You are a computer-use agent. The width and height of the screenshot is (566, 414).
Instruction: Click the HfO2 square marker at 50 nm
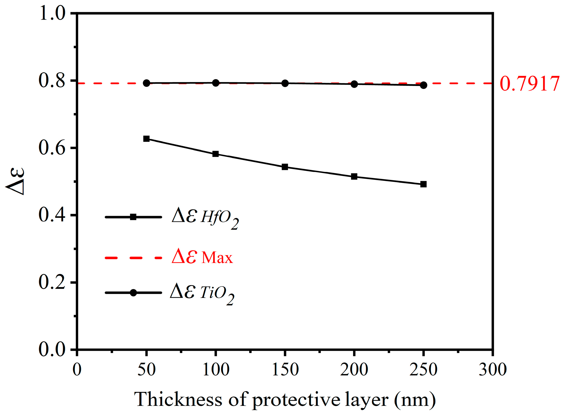point(146,139)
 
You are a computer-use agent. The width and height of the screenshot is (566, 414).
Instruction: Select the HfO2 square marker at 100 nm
point(215,154)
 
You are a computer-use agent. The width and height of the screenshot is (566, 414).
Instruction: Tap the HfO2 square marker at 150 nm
point(285,167)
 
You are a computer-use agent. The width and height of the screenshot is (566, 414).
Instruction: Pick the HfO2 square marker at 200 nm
point(354,177)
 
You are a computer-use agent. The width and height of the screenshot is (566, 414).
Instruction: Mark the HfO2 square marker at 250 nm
point(423,184)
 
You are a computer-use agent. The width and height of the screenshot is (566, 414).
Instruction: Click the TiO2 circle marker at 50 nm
point(146,83)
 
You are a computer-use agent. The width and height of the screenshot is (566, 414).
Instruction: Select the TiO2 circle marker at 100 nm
point(215,83)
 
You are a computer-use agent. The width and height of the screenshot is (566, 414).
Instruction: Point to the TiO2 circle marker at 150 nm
point(285,83)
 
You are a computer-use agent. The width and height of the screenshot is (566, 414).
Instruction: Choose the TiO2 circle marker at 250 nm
point(423,85)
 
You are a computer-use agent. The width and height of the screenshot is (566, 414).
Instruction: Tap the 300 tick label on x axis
point(492,370)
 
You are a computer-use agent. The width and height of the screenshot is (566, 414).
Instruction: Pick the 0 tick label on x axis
point(77,370)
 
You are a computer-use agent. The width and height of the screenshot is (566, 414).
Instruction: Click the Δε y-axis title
point(16,181)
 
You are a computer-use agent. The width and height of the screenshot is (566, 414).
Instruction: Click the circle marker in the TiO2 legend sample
point(133,293)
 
